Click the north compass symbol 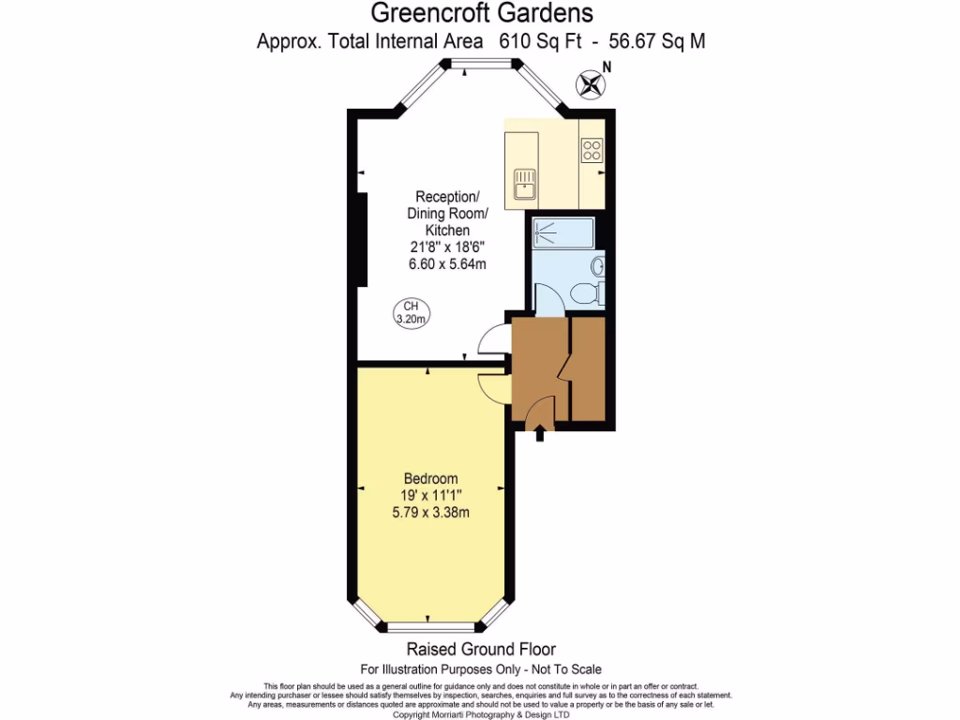tap(591, 84)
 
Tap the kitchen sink tap(524, 183)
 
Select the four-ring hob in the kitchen tap(592, 150)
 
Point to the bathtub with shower tap(562, 232)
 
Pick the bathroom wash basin tap(597, 266)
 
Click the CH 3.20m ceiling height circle tap(410, 313)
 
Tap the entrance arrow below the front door tap(540, 434)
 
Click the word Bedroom tap(429, 476)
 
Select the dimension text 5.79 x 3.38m tap(429, 512)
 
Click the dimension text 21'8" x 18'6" tap(447, 247)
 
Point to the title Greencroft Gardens tap(482, 13)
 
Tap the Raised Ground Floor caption tap(480, 649)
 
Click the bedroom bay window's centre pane tap(431, 625)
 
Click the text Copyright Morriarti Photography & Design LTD tap(480, 714)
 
